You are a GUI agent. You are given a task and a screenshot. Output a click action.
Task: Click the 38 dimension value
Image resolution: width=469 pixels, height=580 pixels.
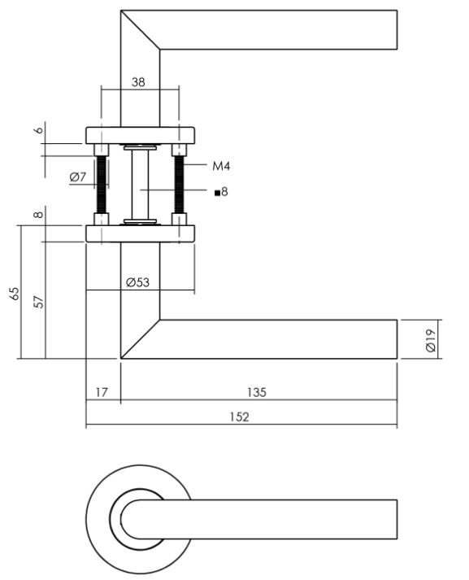tap(140, 81)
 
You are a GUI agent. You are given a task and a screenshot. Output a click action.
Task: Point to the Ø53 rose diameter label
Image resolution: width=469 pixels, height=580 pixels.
tap(138, 282)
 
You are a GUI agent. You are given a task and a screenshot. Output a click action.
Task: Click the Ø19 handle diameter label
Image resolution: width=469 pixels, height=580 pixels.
tap(431, 339)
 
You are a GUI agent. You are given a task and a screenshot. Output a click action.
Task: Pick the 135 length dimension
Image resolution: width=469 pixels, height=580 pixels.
tap(257, 392)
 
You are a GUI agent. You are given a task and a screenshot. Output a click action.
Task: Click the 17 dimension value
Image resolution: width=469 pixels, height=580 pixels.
tap(102, 392)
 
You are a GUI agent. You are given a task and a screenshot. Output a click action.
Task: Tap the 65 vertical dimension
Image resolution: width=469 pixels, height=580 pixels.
tap(14, 293)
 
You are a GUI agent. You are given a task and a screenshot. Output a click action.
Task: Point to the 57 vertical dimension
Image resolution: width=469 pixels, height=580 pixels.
tap(38, 300)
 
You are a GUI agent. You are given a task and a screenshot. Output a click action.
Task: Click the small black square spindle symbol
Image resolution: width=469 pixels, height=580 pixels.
tap(217, 193)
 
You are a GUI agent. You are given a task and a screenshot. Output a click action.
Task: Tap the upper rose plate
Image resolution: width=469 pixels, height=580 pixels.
tap(140, 135)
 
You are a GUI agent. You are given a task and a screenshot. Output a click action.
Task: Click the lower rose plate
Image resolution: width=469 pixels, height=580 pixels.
tap(140, 234)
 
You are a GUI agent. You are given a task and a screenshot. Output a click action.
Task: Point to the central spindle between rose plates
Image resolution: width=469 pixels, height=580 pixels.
tap(140, 185)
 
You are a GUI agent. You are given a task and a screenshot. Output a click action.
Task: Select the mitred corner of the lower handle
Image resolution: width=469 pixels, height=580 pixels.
tap(140, 338)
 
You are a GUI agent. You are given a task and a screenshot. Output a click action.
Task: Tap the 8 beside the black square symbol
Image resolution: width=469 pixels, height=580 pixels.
tap(225, 193)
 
